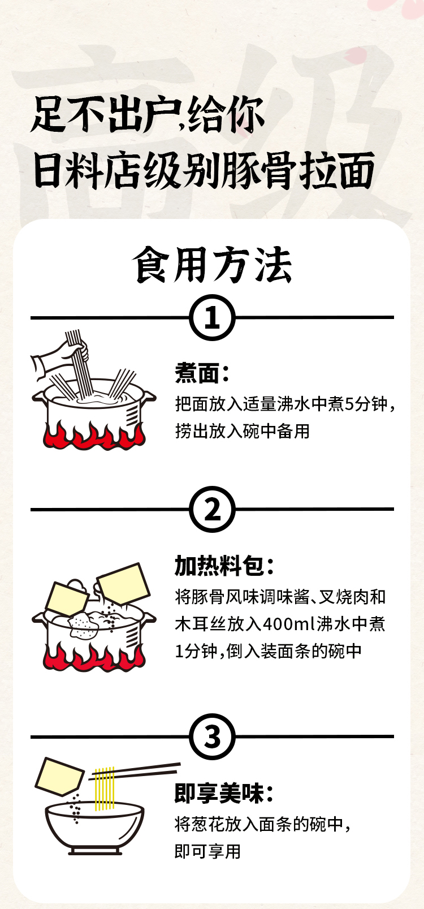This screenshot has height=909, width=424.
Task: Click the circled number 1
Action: pyautogui.click(x=212, y=317)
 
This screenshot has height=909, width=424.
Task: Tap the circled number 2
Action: pyautogui.click(x=212, y=510)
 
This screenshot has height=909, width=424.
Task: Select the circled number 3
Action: pyautogui.click(x=212, y=737)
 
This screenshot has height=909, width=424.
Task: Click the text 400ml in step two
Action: pyautogui.click(x=288, y=624)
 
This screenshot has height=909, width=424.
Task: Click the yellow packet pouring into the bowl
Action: pyautogui.click(x=59, y=777)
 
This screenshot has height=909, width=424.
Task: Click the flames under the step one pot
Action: pyautogui.click(x=93, y=436)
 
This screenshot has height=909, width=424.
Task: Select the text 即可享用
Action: pyautogui.click(x=207, y=851)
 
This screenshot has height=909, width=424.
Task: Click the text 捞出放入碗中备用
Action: pyautogui.click(x=243, y=431)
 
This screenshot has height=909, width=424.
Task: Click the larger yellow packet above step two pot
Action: pyautogui.click(x=123, y=583)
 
